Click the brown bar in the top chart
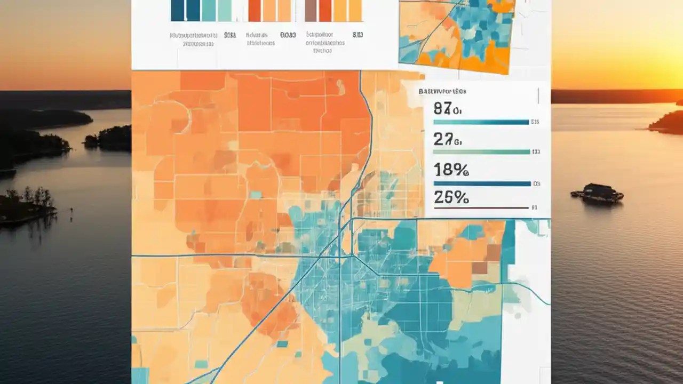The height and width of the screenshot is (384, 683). (310, 11)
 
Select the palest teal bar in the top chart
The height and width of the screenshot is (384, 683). (225, 11)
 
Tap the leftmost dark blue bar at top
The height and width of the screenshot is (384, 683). (177, 11)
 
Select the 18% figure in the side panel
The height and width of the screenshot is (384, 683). (451, 170)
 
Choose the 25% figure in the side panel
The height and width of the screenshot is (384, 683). (451, 197)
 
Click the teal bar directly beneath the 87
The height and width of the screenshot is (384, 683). (480, 122)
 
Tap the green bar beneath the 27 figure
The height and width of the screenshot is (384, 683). (480, 152)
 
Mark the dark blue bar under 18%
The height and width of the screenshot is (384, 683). (480, 183)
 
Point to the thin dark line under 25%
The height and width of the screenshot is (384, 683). (480, 207)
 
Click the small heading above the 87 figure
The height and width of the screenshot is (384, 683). (442, 91)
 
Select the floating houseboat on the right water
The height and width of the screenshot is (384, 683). (597, 193)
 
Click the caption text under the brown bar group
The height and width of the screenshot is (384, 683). (325, 43)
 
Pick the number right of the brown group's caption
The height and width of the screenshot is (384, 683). (358, 35)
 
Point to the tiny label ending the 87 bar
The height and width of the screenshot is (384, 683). (535, 122)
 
